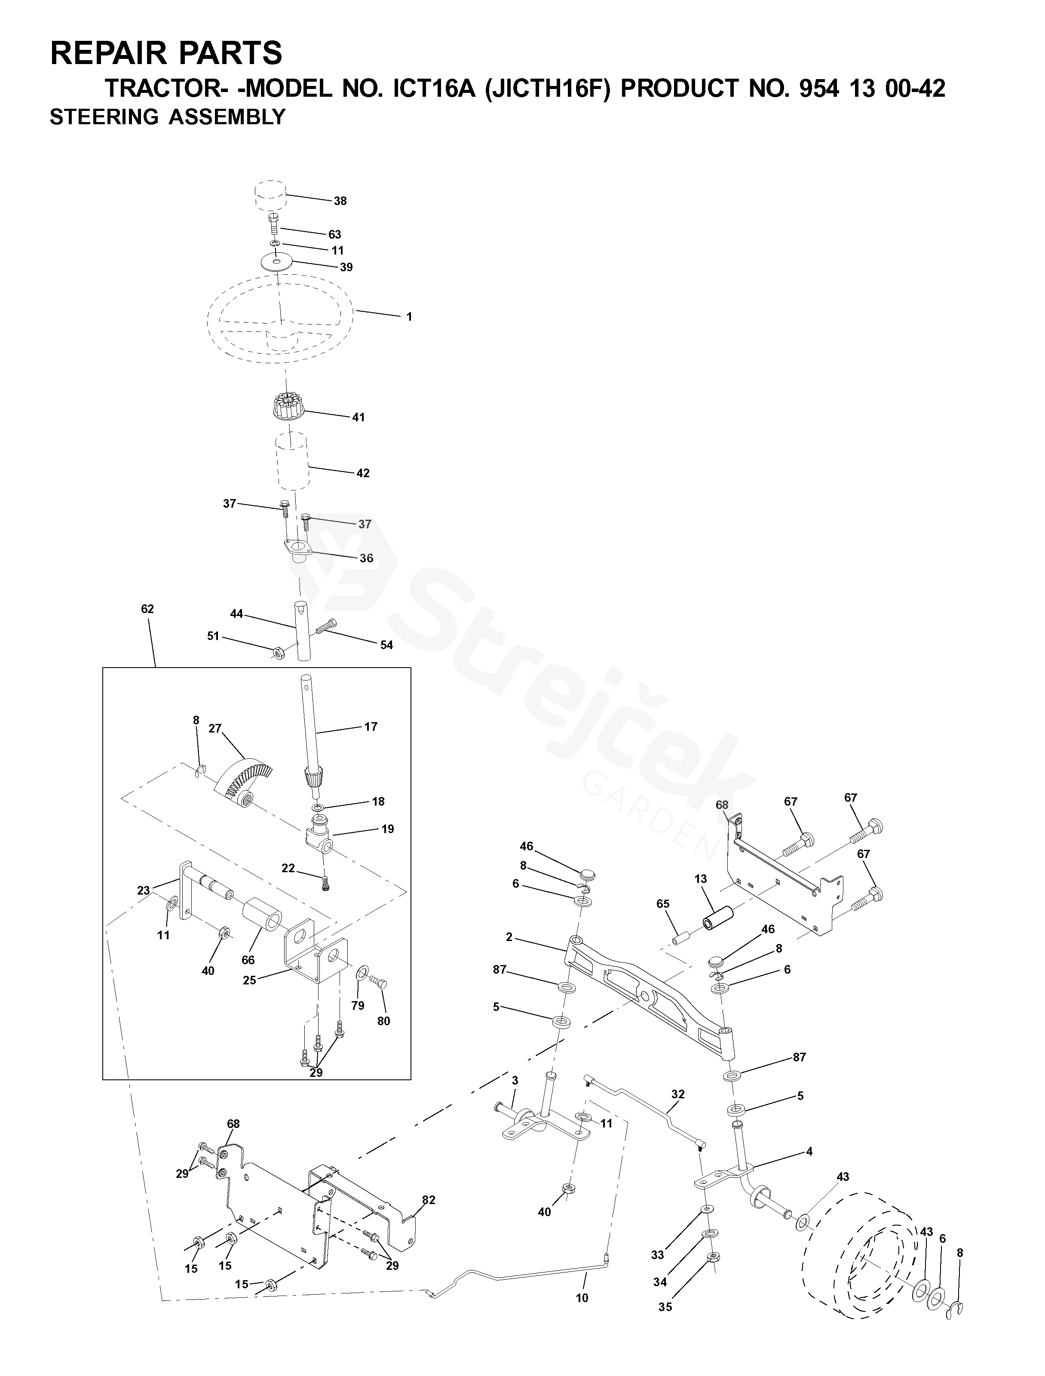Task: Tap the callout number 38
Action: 340,201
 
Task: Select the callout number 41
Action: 358,417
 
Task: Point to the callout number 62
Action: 147,609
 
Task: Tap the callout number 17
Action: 371,726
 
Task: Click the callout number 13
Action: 701,879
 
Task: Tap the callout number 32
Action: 678,1094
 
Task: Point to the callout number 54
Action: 387,645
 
